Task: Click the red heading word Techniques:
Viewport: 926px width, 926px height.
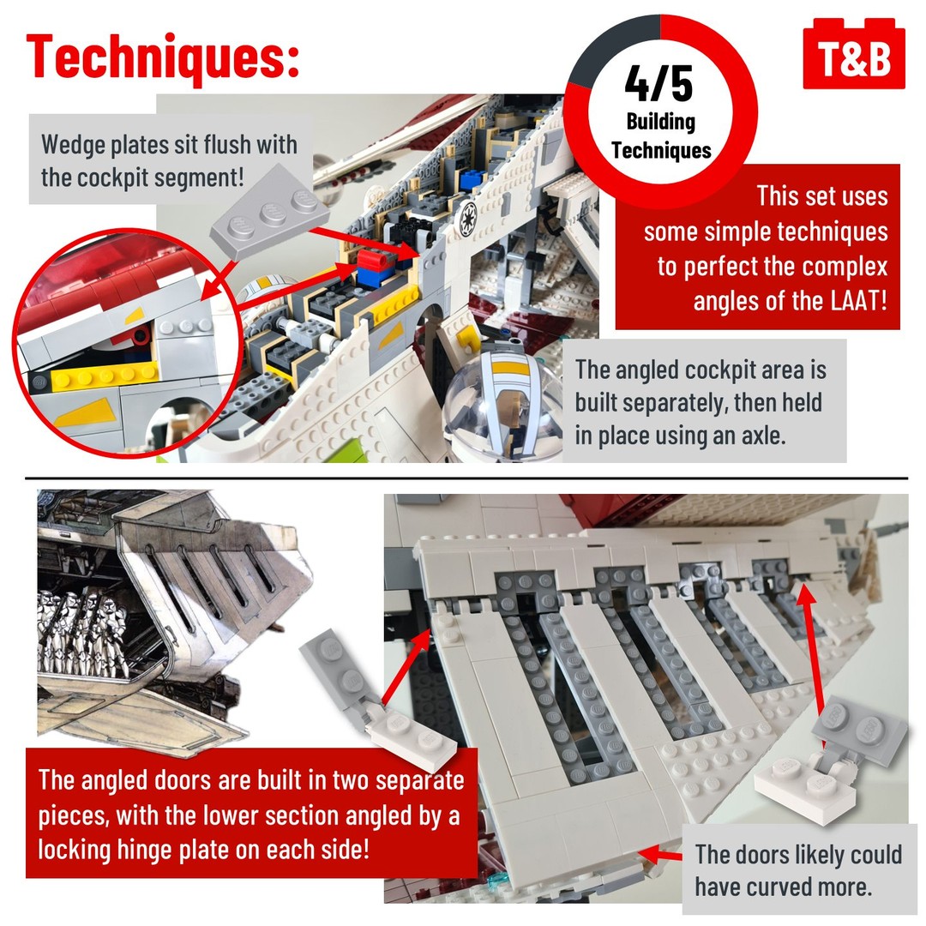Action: (163, 57)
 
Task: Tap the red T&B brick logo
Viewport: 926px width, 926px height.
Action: (854, 54)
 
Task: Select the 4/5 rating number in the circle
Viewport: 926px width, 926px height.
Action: (659, 84)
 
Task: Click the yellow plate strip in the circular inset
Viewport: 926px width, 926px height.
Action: (105, 376)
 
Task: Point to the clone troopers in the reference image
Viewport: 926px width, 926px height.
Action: (82, 632)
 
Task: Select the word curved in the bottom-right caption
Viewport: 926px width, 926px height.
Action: (777, 887)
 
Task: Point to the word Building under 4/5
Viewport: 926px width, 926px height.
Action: (661, 123)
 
